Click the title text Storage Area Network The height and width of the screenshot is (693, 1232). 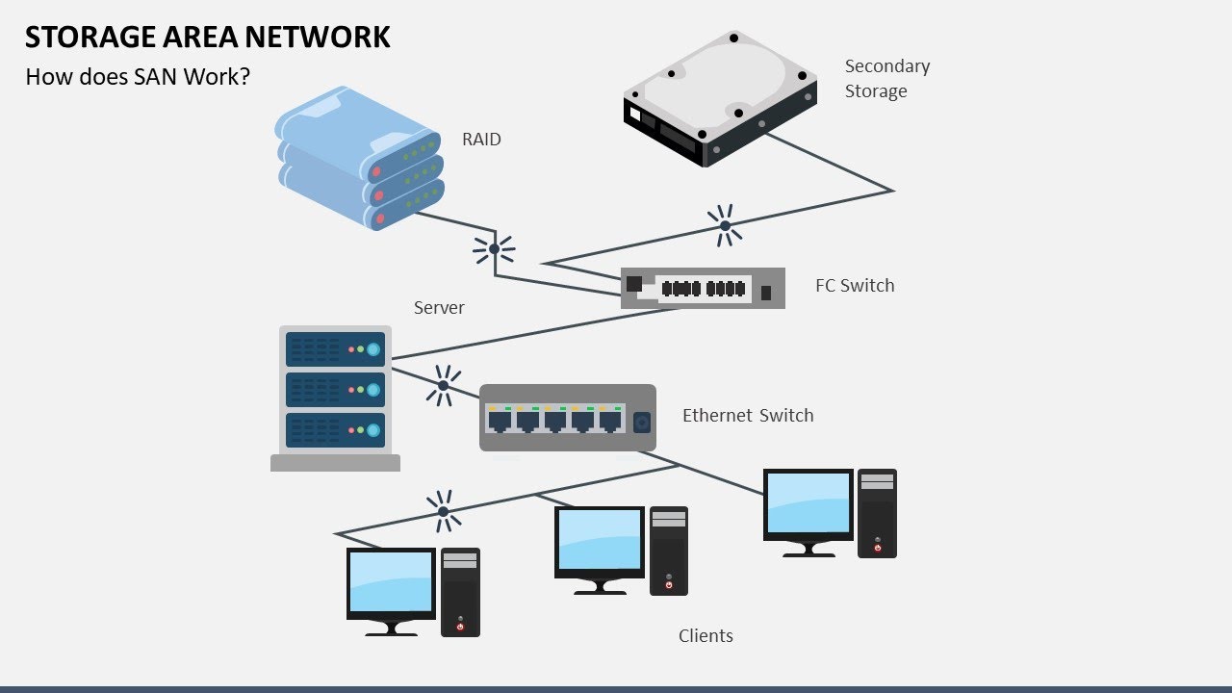[x=207, y=37]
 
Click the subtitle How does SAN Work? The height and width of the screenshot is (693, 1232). [x=138, y=77]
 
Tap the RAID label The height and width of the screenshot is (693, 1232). [x=481, y=140]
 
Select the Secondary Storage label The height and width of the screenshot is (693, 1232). [x=886, y=79]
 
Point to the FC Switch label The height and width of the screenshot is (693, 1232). [x=855, y=286]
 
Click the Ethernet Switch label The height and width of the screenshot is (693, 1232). [x=748, y=416]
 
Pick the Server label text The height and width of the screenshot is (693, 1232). [x=439, y=308]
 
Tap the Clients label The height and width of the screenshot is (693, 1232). [x=706, y=636]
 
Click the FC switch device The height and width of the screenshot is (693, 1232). [x=703, y=288]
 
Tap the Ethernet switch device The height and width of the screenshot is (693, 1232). [x=568, y=418]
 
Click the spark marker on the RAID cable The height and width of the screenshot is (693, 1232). [x=494, y=248]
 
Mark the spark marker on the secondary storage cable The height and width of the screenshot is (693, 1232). [x=725, y=226]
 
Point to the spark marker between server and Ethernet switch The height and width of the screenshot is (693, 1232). [x=443, y=385]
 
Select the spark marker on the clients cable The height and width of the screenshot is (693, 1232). [x=443, y=511]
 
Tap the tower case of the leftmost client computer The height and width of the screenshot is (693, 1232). [x=460, y=592]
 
